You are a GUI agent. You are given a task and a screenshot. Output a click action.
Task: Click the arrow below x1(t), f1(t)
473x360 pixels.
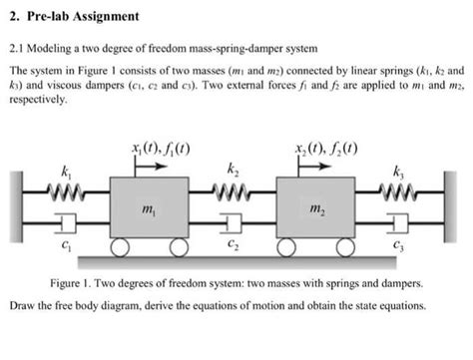149,169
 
